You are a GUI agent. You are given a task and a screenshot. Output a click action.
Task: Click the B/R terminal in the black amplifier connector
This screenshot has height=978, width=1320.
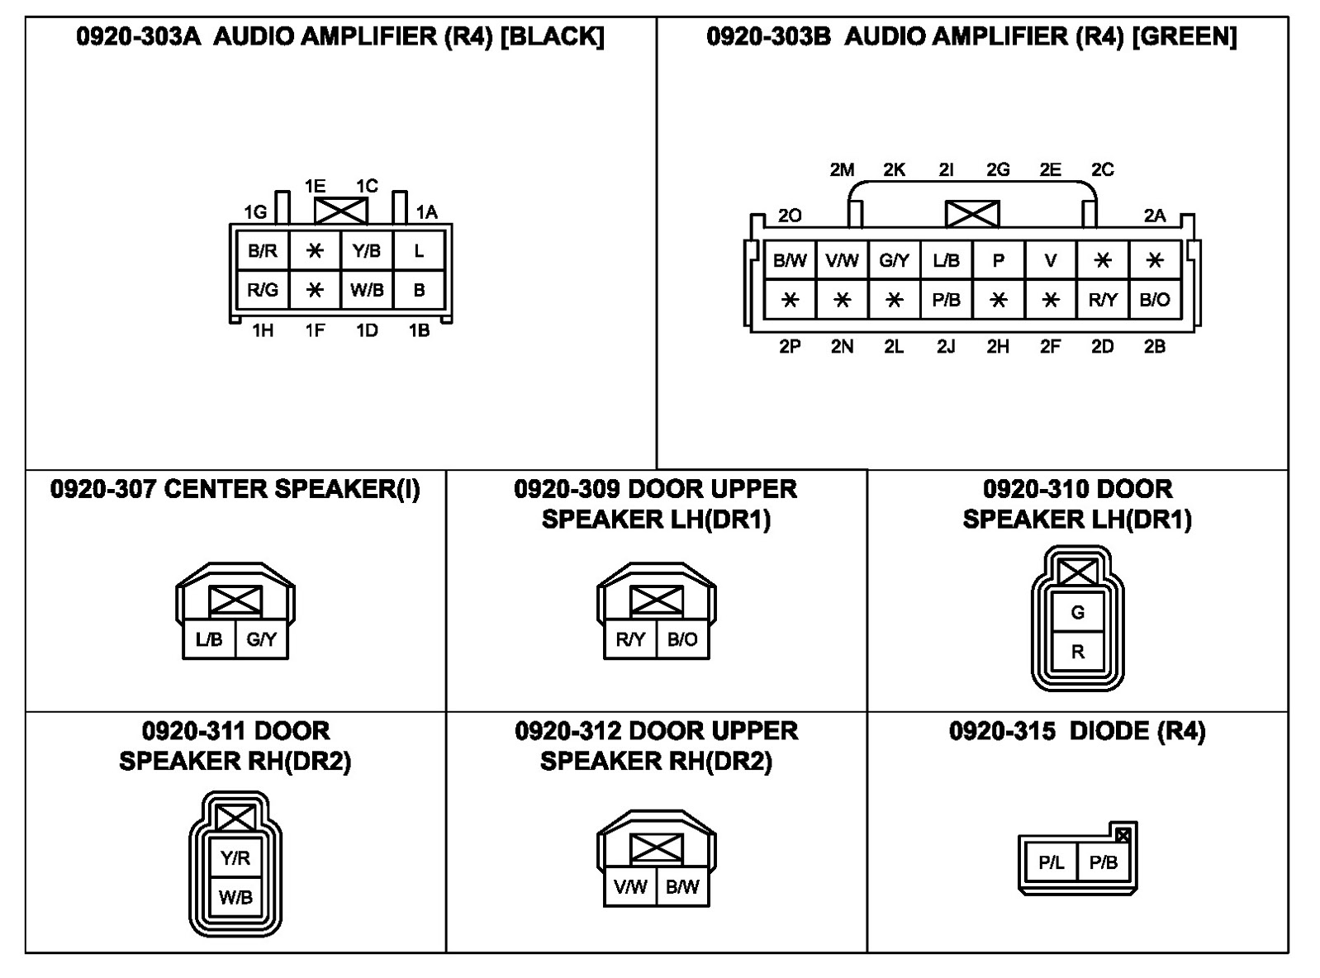coord(263,251)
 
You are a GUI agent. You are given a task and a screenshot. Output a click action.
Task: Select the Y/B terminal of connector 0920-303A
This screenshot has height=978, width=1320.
coord(367,251)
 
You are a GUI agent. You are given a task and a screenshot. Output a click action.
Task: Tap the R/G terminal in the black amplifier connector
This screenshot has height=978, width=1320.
coord(263,290)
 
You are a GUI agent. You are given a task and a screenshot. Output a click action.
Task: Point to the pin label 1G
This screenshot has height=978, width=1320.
coord(255,212)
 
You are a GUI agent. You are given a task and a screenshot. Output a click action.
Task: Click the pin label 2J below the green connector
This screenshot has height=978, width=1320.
coord(946,347)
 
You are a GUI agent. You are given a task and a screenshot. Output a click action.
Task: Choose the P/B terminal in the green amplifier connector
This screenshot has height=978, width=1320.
coord(946,300)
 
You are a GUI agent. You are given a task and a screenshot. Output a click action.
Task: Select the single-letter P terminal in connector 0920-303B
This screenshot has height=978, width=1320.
coord(998,261)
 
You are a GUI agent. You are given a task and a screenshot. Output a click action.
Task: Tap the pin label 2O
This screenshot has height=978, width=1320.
coord(790,216)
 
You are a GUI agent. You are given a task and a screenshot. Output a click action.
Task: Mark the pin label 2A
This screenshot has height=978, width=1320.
coord(1155,216)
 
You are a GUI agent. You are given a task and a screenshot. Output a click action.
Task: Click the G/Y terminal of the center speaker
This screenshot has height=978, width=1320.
coord(262,639)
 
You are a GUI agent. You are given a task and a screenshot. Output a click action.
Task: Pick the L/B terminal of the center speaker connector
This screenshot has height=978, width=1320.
coord(209,639)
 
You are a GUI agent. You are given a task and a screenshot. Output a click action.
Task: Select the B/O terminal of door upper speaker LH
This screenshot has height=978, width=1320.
coord(682,639)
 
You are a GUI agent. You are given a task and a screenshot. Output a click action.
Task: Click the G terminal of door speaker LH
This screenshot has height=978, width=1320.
coord(1077,613)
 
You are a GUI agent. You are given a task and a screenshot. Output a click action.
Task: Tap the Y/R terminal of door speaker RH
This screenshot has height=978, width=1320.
coord(235,858)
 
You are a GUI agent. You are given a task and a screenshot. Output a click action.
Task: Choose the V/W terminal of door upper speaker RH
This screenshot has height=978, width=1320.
coord(630,887)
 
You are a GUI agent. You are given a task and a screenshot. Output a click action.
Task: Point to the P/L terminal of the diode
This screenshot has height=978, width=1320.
coord(1051,863)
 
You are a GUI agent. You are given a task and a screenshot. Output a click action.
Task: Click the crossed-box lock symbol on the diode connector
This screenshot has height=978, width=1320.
coord(1123,835)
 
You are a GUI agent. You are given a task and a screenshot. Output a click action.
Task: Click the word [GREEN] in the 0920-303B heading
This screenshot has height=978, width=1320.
coord(1184,36)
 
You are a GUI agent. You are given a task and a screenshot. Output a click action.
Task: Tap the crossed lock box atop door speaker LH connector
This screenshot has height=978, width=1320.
coord(1077,572)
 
